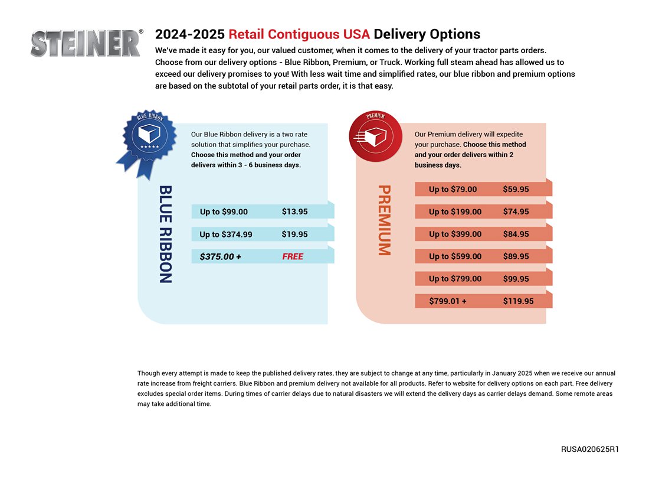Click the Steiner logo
86,43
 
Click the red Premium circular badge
375,136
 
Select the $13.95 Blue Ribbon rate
294,211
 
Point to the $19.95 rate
294,234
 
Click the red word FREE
293,256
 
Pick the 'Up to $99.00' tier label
224,211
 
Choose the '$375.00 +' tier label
220,256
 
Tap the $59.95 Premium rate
516,189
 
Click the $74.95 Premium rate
516,211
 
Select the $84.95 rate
516,234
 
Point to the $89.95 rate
516,256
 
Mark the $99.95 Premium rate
516,279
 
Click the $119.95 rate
518,301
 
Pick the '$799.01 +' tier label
448,301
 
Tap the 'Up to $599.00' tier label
455,256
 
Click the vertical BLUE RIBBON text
166,234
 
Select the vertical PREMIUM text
384,220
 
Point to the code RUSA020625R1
590,449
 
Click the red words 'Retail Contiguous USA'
299,34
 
